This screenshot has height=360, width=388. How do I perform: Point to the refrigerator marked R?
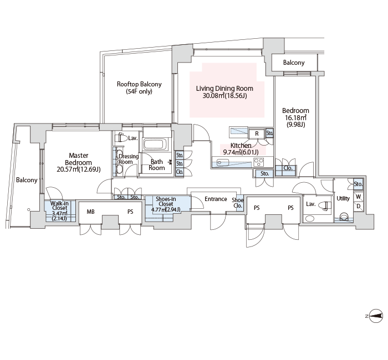point(257,133)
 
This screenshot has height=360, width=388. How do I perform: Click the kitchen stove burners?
point(259,162)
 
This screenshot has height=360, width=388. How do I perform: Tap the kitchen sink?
point(222,163)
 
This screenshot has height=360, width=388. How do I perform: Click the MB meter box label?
point(90,212)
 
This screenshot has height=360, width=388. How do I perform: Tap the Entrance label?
point(216,199)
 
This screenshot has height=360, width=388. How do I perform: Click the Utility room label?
point(343,198)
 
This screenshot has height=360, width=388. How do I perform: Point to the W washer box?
point(358,197)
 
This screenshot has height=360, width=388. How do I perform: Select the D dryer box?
point(358,206)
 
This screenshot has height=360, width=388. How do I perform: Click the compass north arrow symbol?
point(376,316)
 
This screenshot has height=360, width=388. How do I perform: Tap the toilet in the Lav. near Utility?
point(325,205)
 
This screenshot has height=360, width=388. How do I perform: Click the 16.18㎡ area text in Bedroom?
point(295,117)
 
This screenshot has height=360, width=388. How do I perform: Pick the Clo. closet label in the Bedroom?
point(288,168)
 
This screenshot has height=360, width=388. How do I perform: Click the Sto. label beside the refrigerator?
point(269,133)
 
